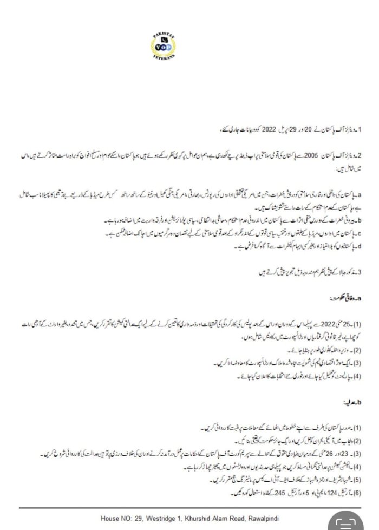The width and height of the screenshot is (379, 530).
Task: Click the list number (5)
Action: pos(358,479)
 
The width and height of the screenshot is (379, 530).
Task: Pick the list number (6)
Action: pos(358,492)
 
